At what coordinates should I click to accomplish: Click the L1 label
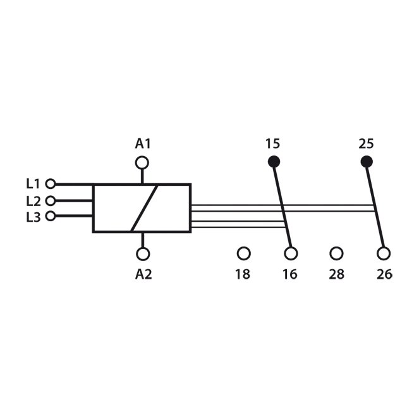pyautogui.click(x=33, y=184)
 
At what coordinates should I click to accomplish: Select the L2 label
pyautogui.click(x=33, y=201)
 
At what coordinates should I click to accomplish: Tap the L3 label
pyautogui.click(x=33, y=217)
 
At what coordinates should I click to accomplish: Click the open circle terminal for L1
pyautogui.click(x=50, y=184)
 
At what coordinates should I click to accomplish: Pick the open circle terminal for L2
pyautogui.click(x=50, y=200)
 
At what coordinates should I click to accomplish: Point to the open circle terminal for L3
pyautogui.click(x=50, y=216)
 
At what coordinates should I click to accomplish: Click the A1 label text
pyautogui.click(x=143, y=143)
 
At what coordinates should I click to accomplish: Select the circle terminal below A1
pyautogui.click(x=142, y=163)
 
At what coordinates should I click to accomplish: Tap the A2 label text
pyautogui.click(x=143, y=274)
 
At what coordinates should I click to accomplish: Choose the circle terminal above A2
pyautogui.click(x=143, y=254)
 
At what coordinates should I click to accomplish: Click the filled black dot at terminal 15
pyautogui.click(x=274, y=161)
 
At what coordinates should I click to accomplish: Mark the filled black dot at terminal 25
pyautogui.click(x=367, y=161)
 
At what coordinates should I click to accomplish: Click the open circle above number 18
pyautogui.click(x=244, y=253)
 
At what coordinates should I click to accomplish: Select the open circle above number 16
pyautogui.click(x=291, y=253)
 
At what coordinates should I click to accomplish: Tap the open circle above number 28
pyautogui.click(x=336, y=253)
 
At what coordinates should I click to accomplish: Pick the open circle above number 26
pyautogui.click(x=384, y=253)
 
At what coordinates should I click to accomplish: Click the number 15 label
pyautogui.click(x=273, y=143)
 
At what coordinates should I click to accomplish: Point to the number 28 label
pyautogui.click(x=336, y=274)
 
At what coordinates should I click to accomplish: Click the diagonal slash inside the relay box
pyautogui.click(x=144, y=208)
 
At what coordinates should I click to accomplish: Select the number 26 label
pyautogui.click(x=384, y=274)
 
